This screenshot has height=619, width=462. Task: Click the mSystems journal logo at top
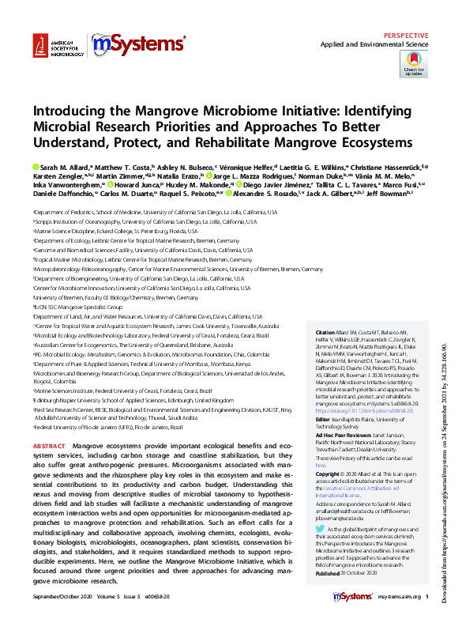[x=138, y=47]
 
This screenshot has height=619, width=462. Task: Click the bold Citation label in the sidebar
[x=325, y=332]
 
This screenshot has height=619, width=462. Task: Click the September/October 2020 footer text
[x=66, y=596]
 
